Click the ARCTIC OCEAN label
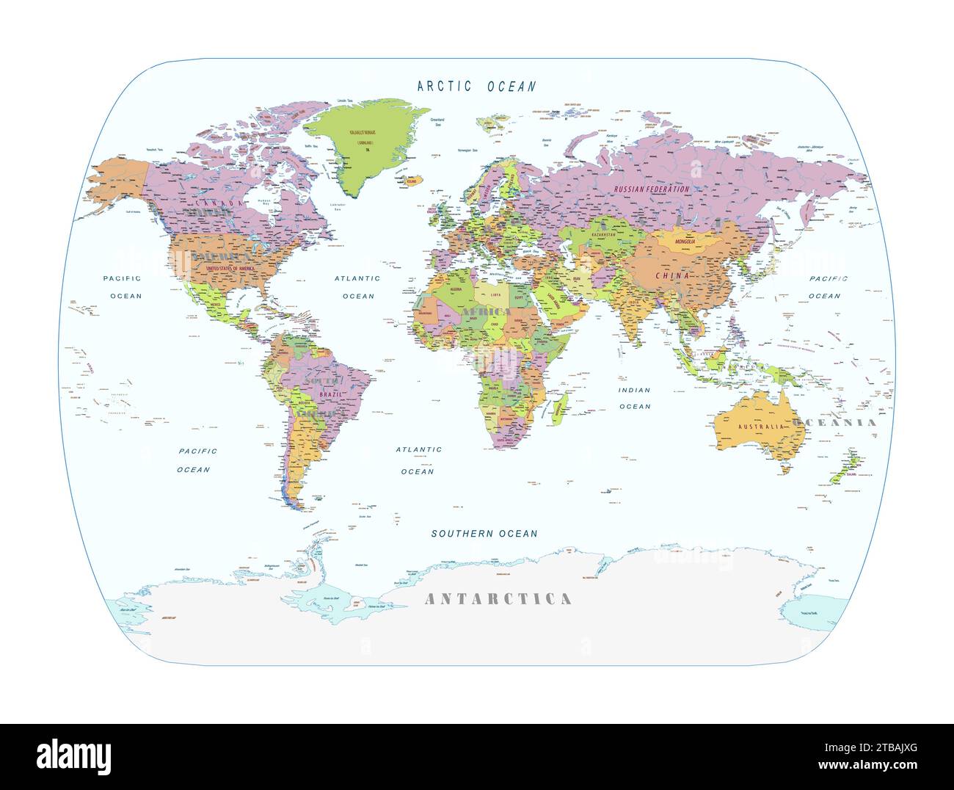point(476,87)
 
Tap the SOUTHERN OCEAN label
point(484,534)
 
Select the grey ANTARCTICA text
point(498,599)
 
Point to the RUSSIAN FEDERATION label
point(652,189)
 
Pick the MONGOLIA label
point(679,241)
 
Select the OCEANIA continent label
point(832,423)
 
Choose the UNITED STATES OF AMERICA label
point(233,269)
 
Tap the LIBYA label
point(496,295)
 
